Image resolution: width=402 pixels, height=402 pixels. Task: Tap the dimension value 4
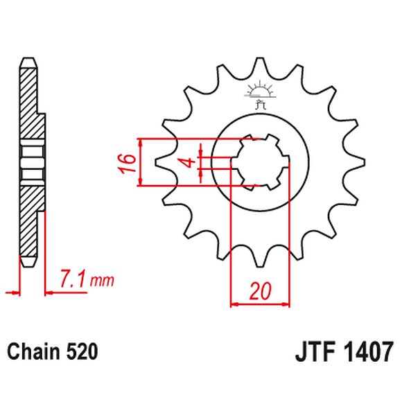click(186, 163)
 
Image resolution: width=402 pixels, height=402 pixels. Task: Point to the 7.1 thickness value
click(73, 280)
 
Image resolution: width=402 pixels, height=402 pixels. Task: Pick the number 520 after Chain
click(84, 351)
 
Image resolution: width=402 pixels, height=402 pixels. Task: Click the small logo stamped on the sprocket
click(260, 96)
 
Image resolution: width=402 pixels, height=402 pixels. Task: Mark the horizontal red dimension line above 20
click(260, 303)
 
